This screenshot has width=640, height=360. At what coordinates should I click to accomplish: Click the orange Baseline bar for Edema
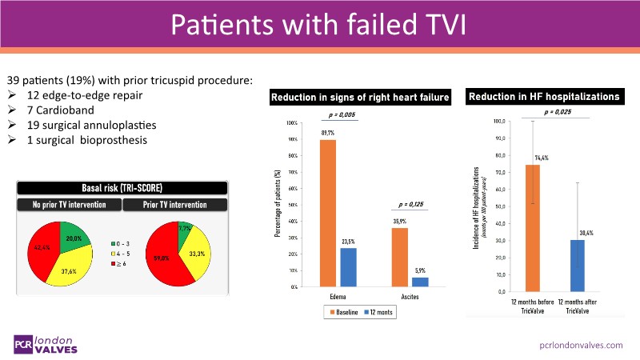[328, 213]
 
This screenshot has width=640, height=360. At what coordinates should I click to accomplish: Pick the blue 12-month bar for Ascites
[420, 282]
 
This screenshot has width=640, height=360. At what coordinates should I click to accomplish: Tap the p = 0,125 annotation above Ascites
[410, 204]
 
